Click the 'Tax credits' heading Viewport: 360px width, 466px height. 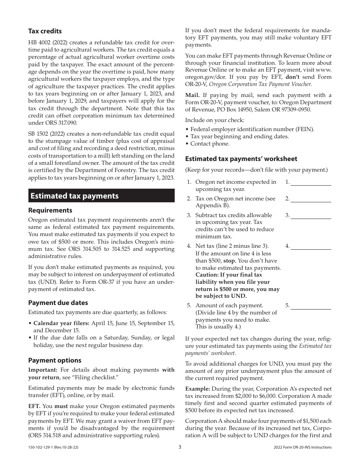[45, 31]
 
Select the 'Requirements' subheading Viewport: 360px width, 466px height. [50, 210]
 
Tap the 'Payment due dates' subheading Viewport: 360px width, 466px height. [58, 303]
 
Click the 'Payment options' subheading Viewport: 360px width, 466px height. [55, 360]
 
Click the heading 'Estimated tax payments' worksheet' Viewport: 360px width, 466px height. [241, 159]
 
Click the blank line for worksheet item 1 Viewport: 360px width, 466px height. [311, 183]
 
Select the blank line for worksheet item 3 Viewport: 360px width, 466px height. [311, 216]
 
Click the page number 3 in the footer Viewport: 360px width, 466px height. [180, 447]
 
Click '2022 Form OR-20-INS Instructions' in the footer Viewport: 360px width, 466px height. [302, 447]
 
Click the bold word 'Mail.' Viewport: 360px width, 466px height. [193, 95]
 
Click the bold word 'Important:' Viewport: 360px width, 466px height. [43, 370]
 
